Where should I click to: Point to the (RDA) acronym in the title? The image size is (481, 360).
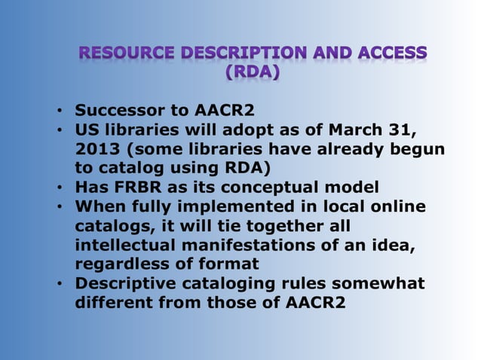tap(253, 73)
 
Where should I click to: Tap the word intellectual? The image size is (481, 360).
tap(121, 245)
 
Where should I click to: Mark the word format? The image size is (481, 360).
tap(230, 264)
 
